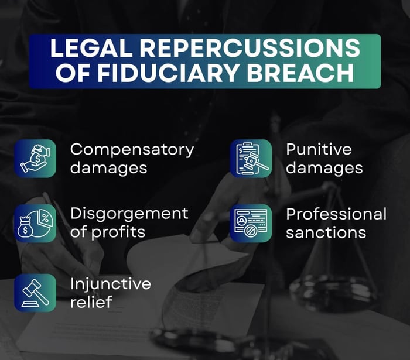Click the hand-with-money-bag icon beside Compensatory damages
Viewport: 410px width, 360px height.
click(x=35, y=158)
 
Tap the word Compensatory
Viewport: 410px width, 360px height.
click(x=132, y=150)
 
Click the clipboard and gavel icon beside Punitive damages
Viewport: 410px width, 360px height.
click(x=251, y=158)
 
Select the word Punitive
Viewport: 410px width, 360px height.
click(x=319, y=149)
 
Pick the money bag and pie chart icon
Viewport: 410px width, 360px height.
click(x=35, y=223)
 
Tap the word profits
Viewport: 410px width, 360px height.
click(x=119, y=231)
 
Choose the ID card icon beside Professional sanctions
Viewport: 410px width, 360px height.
click(x=251, y=223)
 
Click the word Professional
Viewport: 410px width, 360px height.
click(x=336, y=214)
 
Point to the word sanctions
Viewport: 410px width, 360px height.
click(x=326, y=232)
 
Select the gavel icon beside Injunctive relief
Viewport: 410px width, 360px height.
click(x=35, y=293)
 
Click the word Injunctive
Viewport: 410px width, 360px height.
click(x=111, y=284)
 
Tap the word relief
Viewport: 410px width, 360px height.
click(x=91, y=302)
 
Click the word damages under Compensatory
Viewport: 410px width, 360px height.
click(x=108, y=167)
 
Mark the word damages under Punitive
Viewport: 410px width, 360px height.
click(x=324, y=167)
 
